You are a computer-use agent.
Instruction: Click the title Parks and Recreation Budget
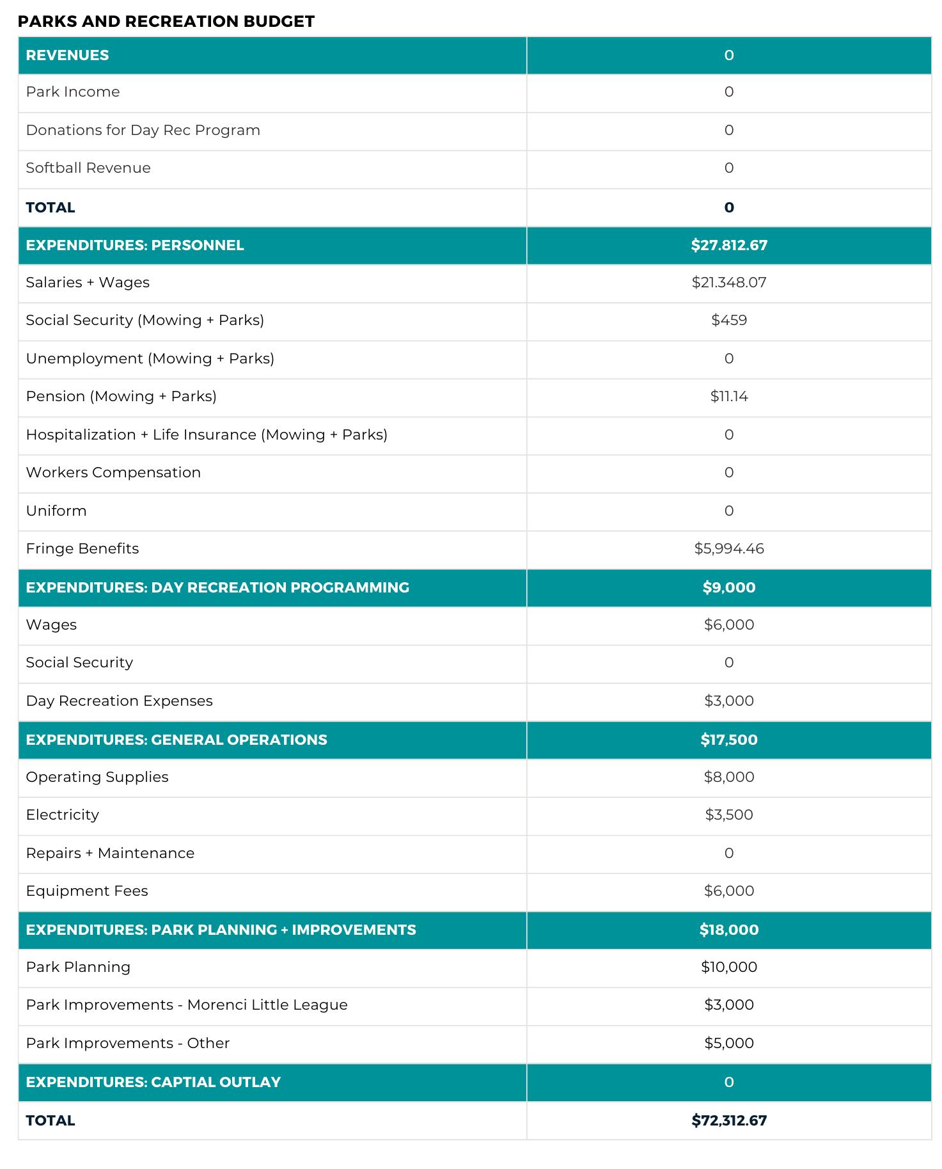tap(166, 21)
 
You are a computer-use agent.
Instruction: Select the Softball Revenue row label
tap(88, 168)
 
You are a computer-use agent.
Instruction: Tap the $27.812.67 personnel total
tap(728, 245)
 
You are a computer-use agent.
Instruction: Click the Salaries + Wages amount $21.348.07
tap(728, 282)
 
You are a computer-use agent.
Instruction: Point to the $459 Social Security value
tap(728, 320)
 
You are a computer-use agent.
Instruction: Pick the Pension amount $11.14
tap(728, 396)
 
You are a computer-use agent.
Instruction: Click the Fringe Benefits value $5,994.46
tap(728, 548)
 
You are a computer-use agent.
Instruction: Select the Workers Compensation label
tap(113, 472)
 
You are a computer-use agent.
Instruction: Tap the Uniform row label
tap(56, 511)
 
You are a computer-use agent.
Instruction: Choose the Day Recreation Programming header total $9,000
tap(728, 587)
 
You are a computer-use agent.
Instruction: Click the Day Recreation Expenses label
tap(119, 701)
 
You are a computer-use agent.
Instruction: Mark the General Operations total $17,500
tap(728, 740)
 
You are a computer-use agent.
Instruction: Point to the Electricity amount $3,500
tap(728, 815)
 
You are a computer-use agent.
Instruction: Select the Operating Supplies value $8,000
tap(728, 777)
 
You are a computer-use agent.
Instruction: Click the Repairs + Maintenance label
tap(110, 853)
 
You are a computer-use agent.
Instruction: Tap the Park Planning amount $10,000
tap(728, 967)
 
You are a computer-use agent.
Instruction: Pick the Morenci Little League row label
tap(187, 1005)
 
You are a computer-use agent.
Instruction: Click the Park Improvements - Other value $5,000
tap(728, 1043)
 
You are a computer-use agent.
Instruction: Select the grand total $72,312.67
tap(728, 1120)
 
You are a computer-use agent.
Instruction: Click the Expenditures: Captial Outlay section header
tap(153, 1082)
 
